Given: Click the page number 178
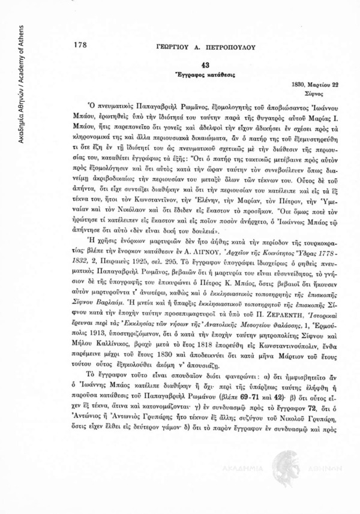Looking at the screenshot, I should [79, 44].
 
